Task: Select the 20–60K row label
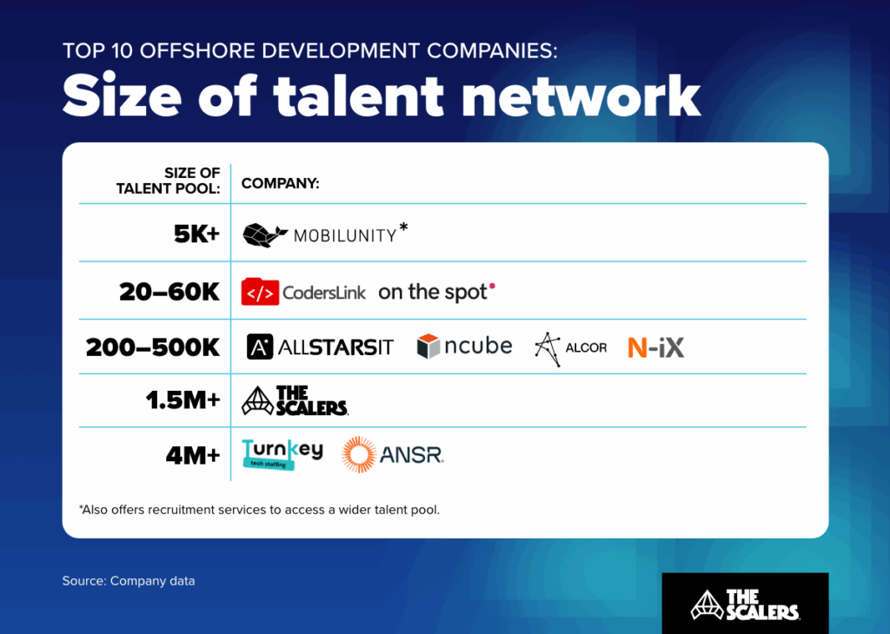point(170,292)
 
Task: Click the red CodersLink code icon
point(260,292)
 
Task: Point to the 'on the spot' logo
point(436,292)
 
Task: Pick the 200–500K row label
point(153,347)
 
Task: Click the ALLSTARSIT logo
point(320,347)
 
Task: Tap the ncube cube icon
point(429,347)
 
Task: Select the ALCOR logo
point(570,347)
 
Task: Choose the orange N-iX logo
point(655,347)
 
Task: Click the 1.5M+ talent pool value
point(183,401)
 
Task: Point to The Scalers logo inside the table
point(295,400)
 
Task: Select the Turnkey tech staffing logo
point(282,454)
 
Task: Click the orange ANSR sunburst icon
point(359,454)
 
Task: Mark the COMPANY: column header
point(280,183)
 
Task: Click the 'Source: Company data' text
point(129,580)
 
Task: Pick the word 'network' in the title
point(581,96)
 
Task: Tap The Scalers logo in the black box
point(745,604)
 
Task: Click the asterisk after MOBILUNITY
point(403,228)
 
